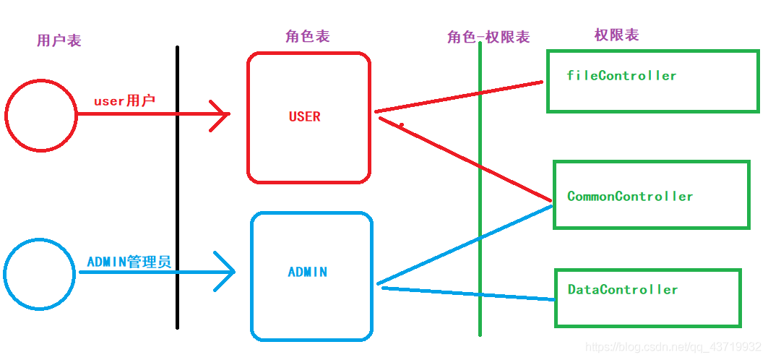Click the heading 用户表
[59, 40]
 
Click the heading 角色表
[308, 36]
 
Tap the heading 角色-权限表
[488, 37]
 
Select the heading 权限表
[616, 35]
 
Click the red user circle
[41, 116]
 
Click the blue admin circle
[40, 274]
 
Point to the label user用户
[124, 100]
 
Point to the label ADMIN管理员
[129, 262]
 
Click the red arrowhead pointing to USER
[220, 113]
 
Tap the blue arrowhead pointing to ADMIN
[226, 273]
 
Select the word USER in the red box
[304, 116]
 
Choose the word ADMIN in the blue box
[308, 273]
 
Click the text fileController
[621, 75]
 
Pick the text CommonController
[630, 196]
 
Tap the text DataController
[623, 289]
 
